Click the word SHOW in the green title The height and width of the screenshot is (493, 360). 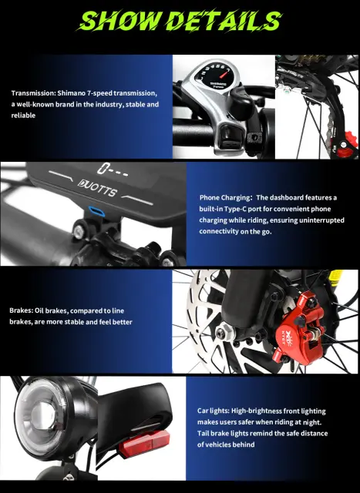[x=119, y=21]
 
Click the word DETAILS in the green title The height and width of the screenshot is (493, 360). [x=224, y=21]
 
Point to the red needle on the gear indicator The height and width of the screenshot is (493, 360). [x=223, y=75]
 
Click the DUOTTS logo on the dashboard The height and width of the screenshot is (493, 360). [x=98, y=188]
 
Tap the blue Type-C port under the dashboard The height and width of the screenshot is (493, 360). [x=96, y=211]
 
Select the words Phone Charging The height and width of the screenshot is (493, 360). [x=224, y=198]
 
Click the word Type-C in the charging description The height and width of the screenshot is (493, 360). [x=235, y=209]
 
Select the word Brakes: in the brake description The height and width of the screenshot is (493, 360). [x=21, y=310]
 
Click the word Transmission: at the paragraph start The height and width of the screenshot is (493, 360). [x=33, y=93]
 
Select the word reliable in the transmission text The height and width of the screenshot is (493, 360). [x=23, y=116]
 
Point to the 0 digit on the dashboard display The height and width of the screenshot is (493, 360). [x=102, y=169]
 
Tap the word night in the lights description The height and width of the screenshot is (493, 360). [x=311, y=422]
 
